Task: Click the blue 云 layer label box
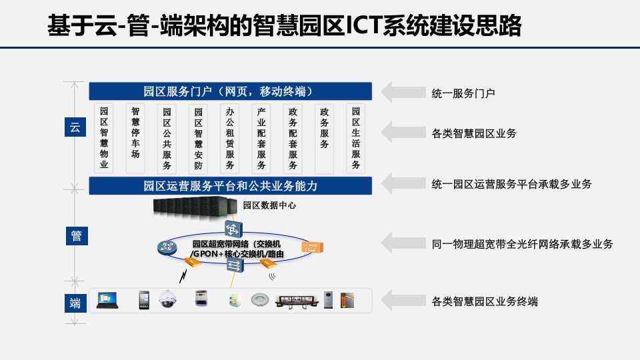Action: tap(75, 127)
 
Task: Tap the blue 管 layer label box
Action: tap(77, 236)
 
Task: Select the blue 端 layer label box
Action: tap(75, 303)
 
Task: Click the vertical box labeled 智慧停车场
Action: tap(135, 138)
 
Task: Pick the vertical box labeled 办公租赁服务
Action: tap(230, 139)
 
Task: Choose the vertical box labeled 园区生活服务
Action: tap(355, 139)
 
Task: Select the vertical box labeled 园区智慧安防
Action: tap(199, 139)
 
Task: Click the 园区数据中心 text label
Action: tap(269, 205)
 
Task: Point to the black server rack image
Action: tap(195, 209)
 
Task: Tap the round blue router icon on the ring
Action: tap(167, 247)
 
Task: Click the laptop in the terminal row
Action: tap(107, 301)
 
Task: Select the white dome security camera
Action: tap(167, 299)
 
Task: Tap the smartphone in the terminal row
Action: tap(144, 300)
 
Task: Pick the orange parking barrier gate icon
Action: tap(347, 301)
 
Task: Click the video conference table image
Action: tap(297, 301)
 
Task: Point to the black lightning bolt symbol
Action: tap(183, 276)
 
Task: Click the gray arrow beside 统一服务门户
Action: tap(403, 92)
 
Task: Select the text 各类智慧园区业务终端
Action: tap(485, 301)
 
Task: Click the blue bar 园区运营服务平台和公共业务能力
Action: tap(231, 186)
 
